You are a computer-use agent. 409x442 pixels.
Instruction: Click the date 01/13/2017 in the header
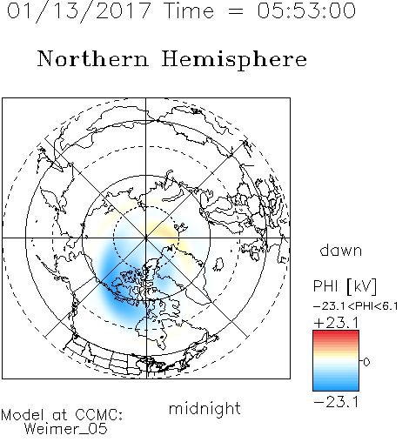(x=79, y=11)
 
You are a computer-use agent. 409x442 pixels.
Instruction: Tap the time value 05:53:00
(x=306, y=10)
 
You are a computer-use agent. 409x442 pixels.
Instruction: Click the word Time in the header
(x=189, y=10)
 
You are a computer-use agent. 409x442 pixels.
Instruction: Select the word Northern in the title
(x=93, y=58)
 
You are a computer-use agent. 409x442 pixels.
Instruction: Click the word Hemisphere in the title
(x=234, y=60)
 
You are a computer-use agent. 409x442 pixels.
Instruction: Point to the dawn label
(x=341, y=250)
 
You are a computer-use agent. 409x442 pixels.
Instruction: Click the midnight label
(x=204, y=408)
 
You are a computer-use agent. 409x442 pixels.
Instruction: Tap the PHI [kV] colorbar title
(x=345, y=286)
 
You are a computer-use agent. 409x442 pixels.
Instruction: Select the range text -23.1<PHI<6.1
(x=356, y=306)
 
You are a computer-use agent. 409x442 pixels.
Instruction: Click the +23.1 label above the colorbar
(x=336, y=323)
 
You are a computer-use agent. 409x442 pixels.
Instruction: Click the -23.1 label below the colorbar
(x=336, y=402)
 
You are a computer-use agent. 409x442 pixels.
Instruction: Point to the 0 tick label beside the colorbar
(x=366, y=362)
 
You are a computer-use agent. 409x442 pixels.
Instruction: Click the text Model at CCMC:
(x=62, y=415)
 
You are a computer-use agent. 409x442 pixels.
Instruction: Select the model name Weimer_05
(x=66, y=429)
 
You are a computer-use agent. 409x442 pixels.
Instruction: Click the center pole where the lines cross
(x=146, y=238)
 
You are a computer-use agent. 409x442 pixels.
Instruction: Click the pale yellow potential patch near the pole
(x=158, y=229)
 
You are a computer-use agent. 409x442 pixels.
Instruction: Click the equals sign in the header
(x=236, y=11)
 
